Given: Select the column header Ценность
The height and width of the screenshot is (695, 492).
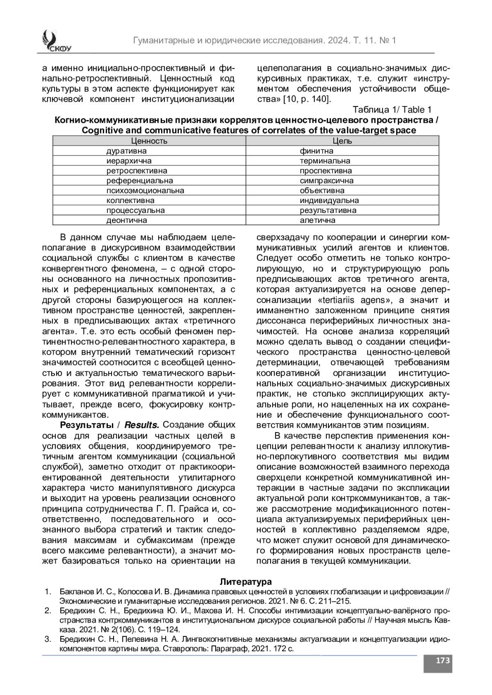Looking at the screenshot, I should pos(149,141).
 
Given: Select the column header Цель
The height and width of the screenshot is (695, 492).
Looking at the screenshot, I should pos(342,141).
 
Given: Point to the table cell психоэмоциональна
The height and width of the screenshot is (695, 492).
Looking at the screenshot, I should pos(145,190).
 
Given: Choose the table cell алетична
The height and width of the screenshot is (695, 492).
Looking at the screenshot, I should pos(317,220).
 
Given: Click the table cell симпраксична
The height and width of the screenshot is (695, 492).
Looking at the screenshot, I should pos(326,181).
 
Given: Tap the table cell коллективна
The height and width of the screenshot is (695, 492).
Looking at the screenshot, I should pos(130,201).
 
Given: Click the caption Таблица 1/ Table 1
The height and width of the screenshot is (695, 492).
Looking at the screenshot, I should pos(392,110).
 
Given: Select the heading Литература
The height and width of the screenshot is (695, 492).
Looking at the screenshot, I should pos(246,582).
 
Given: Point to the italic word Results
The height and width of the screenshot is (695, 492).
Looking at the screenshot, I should pos(141,425).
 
